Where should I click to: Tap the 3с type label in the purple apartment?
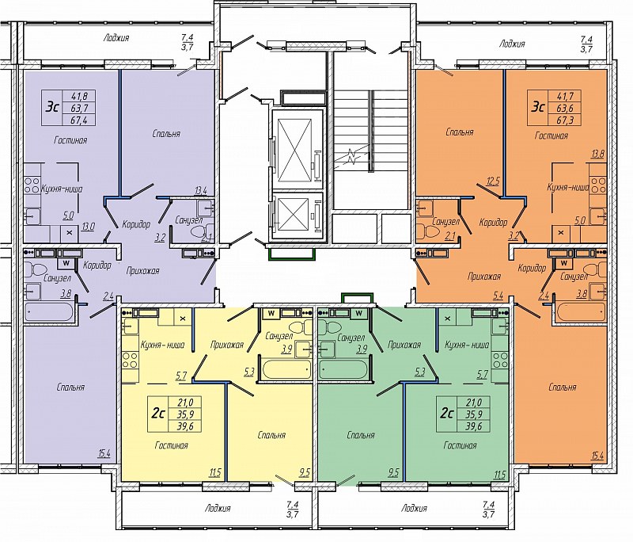coord(53,108)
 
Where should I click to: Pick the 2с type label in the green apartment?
coord(446,414)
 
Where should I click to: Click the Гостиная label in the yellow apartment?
coord(172,445)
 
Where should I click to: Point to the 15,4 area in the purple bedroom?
coord(104,454)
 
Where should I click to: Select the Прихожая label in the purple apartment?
coord(142,271)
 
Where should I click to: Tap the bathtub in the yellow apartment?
coord(286,368)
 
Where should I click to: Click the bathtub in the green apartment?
coord(343,368)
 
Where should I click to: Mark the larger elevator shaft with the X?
coord(298,149)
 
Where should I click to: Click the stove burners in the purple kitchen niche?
coord(32,185)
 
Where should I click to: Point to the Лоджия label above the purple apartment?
coord(116,37)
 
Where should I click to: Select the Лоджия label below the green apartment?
coord(414,508)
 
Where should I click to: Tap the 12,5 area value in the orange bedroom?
coord(493,181)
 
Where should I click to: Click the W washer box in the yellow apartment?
coord(271,313)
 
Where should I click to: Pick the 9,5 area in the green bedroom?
coord(392,472)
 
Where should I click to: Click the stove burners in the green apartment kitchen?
coord(500,360)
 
